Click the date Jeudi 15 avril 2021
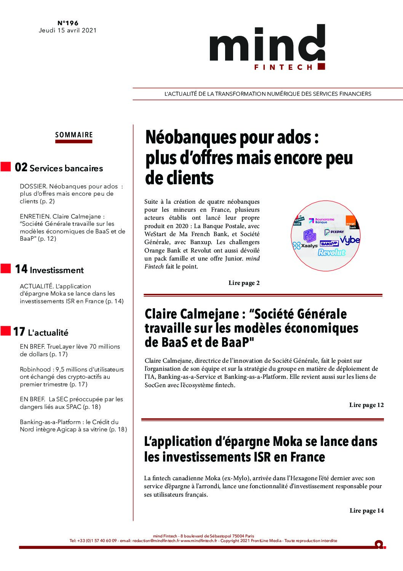[x=68, y=31]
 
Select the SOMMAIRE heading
[x=74, y=135]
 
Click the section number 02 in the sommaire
[x=21, y=167]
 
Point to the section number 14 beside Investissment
[x=21, y=269]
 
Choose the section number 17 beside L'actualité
[x=19, y=332]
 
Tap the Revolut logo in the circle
[x=331, y=252]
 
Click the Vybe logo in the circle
[x=350, y=240]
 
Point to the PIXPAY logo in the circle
[x=334, y=232]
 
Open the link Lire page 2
[x=244, y=283]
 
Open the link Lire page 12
[x=366, y=405]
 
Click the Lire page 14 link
[x=366, y=510]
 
